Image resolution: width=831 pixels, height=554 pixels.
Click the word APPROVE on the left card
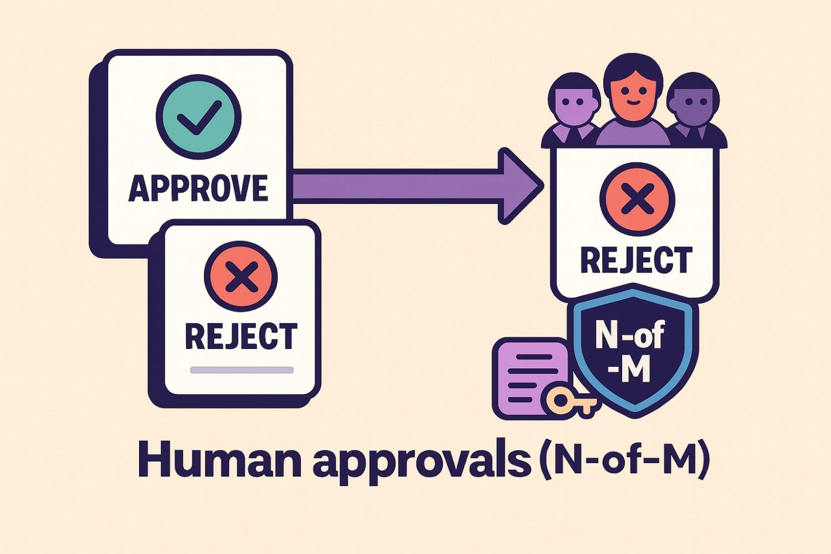198,188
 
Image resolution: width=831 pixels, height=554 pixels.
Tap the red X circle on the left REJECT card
240,277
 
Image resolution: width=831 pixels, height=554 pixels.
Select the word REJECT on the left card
240,335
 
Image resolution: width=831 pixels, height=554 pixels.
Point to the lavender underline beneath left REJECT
242,370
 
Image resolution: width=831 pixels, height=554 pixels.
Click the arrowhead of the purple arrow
518,186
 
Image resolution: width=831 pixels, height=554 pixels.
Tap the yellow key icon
570,401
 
